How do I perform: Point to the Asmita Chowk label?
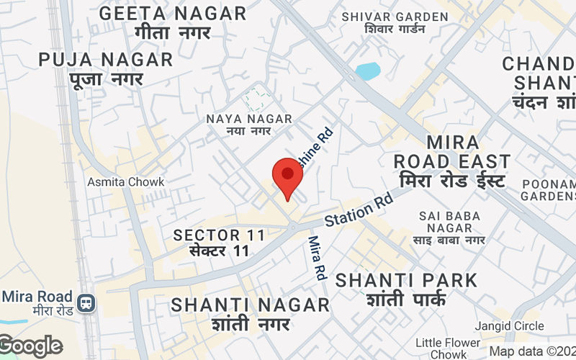point(126,182)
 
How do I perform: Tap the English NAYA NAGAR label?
point(248,119)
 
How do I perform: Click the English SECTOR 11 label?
point(220,235)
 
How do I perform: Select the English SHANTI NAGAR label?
point(251,305)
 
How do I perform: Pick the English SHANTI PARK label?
point(406,279)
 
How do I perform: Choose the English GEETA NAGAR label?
point(173,13)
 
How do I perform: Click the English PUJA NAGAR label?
point(106,59)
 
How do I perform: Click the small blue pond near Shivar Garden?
point(367,71)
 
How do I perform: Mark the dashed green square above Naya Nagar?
point(258,99)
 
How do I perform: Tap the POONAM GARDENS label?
point(549,189)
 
